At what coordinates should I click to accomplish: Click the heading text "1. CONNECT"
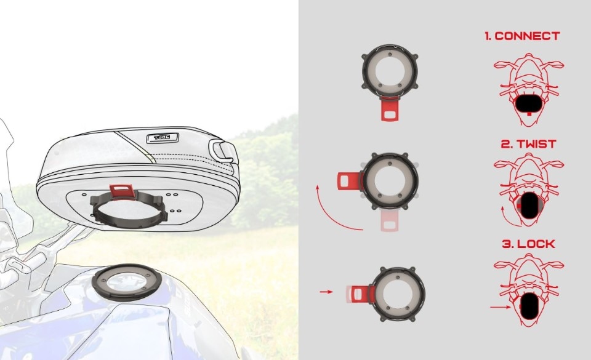pos(522,36)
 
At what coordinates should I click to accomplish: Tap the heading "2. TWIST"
pos(528,144)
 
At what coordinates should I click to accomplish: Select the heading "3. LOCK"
pos(528,244)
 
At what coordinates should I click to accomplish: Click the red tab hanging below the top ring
pos(390,108)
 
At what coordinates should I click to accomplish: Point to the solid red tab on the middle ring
pos(350,180)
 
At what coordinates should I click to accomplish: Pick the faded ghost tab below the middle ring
pos(390,220)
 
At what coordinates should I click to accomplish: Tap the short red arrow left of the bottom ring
pos(326,292)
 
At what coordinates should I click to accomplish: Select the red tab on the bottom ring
pos(363,294)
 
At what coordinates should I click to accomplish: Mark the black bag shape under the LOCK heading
pos(529,306)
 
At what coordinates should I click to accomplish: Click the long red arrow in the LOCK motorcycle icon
pos(500,307)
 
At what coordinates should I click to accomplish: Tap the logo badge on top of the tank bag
pos(162,138)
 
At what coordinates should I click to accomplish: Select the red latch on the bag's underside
pos(122,190)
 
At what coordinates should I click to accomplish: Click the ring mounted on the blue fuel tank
pos(127,282)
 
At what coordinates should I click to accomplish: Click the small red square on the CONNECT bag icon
pos(529,113)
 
